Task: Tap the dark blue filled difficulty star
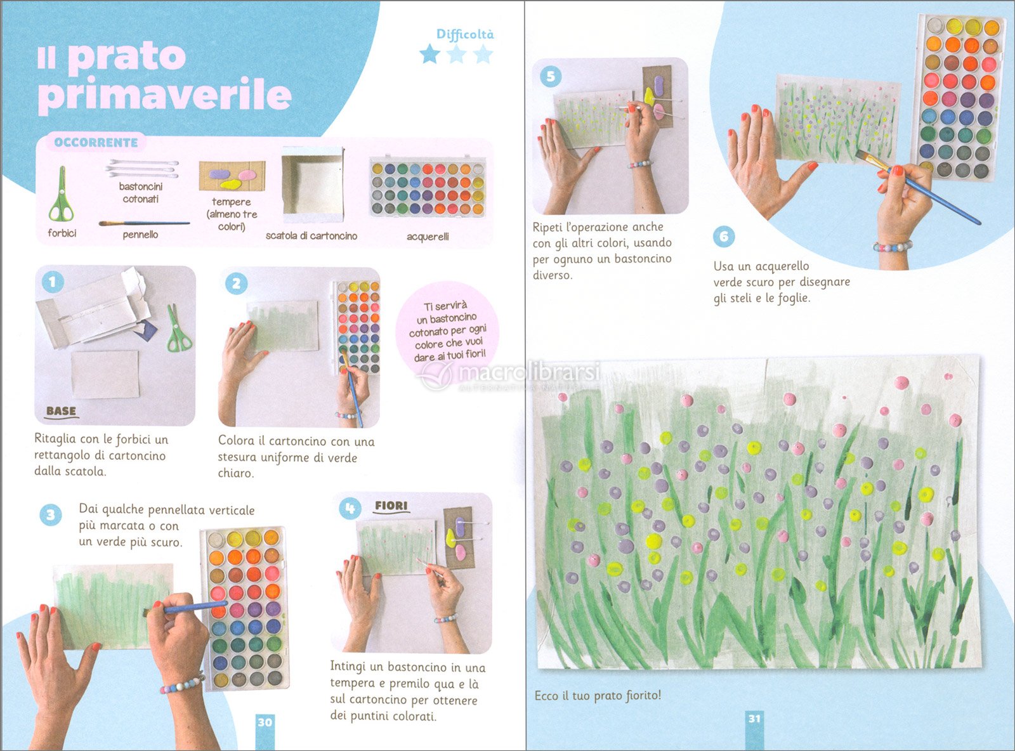pyautogui.click(x=429, y=55)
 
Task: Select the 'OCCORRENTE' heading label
pyautogui.click(x=96, y=142)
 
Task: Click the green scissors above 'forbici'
pyautogui.click(x=62, y=194)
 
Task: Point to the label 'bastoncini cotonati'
pyautogui.click(x=140, y=193)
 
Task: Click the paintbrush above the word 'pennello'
pyautogui.click(x=144, y=223)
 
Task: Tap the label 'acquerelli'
pyautogui.click(x=428, y=237)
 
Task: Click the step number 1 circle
pyautogui.click(x=53, y=282)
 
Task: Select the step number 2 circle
pyautogui.click(x=236, y=284)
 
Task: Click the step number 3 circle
pyautogui.click(x=51, y=515)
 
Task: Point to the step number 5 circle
pyautogui.click(x=551, y=76)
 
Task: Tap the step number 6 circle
pyautogui.click(x=724, y=236)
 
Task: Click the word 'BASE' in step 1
pyautogui.click(x=62, y=411)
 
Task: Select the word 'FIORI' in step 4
pyautogui.click(x=391, y=506)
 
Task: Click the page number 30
pyautogui.click(x=265, y=722)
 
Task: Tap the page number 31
pyautogui.click(x=754, y=719)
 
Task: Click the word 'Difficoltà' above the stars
pyautogui.click(x=465, y=34)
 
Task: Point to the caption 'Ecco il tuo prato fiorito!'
pyautogui.click(x=598, y=696)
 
